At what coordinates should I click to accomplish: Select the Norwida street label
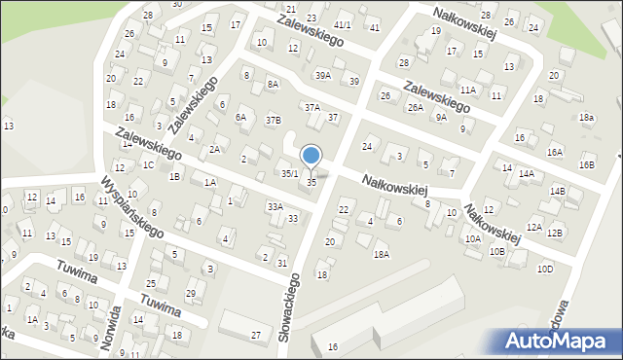(115, 329)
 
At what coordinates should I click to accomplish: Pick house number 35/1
(290, 173)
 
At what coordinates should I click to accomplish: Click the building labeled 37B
(274, 120)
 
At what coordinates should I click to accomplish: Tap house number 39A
(323, 75)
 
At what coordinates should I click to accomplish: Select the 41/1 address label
(342, 24)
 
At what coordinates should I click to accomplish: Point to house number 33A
(275, 206)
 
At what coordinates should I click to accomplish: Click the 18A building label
(381, 254)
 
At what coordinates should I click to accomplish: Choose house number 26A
(416, 107)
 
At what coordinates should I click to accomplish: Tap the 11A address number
(468, 90)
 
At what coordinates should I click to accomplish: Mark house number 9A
(441, 117)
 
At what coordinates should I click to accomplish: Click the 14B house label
(557, 191)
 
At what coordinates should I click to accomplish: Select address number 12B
(555, 233)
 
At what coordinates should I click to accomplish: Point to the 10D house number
(546, 269)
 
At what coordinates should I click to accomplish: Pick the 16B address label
(586, 164)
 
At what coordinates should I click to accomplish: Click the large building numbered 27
(256, 335)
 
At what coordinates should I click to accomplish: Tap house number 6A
(241, 117)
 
